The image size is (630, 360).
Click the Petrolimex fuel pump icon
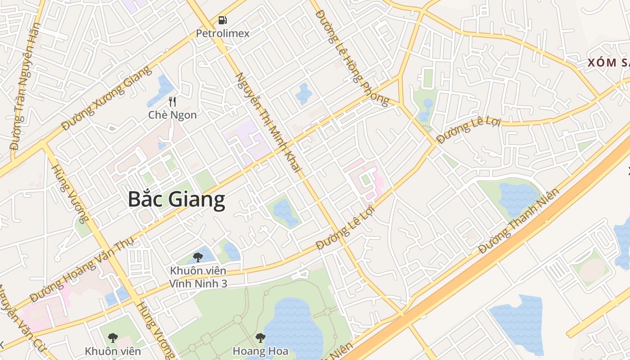pyautogui.click(x=222, y=20)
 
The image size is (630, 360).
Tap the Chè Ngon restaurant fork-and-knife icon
pyautogui.click(x=172, y=102)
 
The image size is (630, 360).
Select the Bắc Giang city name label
pyautogui.click(x=176, y=199)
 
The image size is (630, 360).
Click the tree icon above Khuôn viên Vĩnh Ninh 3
pyautogui.click(x=198, y=257)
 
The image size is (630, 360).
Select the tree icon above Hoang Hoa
pyautogui.click(x=260, y=337)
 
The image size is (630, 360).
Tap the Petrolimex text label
pyautogui.click(x=222, y=33)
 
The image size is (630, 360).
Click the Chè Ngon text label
pyautogui.click(x=172, y=115)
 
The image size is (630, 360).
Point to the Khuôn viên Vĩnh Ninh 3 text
pyautogui.click(x=198, y=277)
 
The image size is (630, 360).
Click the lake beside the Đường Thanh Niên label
pyautogui.click(x=517, y=198)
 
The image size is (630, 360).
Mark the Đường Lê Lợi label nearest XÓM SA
pyautogui.click(x=468, y=130)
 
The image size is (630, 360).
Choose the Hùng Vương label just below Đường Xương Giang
pyautogui.click(x=70, y=193)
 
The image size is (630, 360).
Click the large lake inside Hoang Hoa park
pyautogui.click(x=292, y=324)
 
